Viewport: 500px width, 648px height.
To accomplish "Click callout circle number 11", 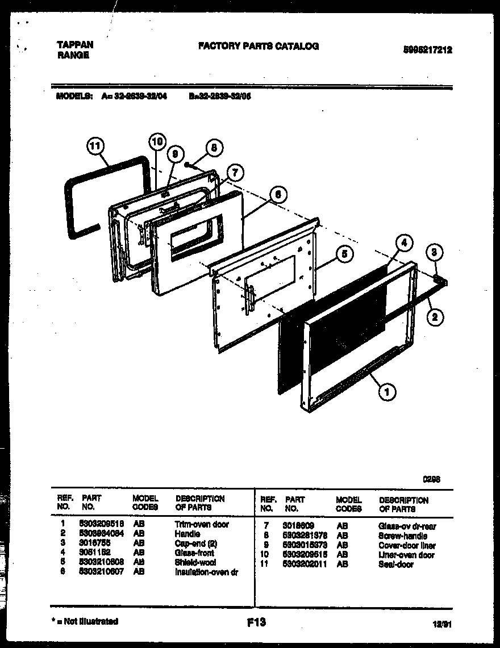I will (x=97, y=146).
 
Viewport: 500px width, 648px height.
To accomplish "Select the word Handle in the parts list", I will (x=187, y=534).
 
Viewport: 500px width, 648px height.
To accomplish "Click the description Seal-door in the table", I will (x=396, y=565).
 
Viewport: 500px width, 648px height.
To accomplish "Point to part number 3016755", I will (x=95, y=544).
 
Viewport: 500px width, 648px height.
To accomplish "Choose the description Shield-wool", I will (x=195, y=562).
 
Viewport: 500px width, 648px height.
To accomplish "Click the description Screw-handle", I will (x=402, y=536).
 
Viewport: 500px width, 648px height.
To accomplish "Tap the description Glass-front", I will (x=194, y=553).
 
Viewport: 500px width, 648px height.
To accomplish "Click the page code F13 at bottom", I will (x=256, y=623).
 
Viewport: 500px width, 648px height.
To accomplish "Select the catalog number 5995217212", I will (x=428, y=50).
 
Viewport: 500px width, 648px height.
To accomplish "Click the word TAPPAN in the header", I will (x=76, y=45).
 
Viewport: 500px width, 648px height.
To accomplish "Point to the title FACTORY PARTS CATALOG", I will (x=258, y=46).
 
